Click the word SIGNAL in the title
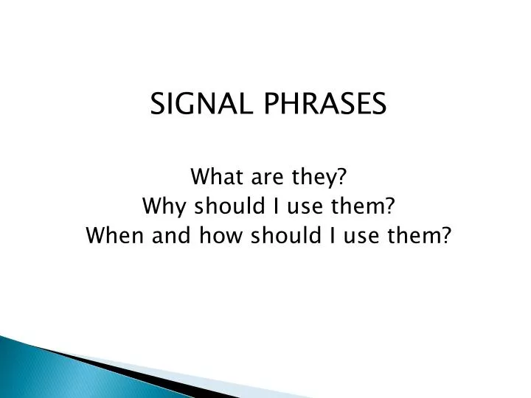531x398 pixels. [x=193, y=105]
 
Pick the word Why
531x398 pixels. [x=160, y=207]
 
